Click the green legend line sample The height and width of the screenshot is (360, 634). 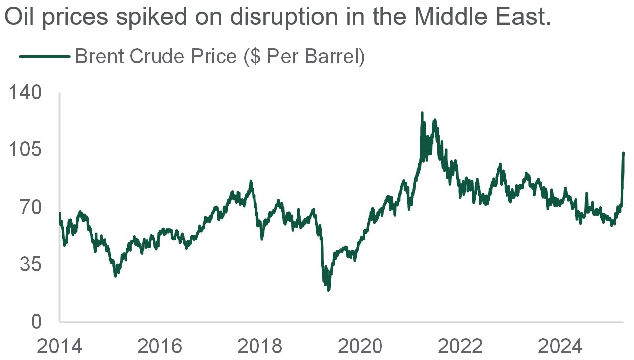(45, 57)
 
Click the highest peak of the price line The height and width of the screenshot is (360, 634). (422, 113)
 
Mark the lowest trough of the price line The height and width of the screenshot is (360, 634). (328, 290)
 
